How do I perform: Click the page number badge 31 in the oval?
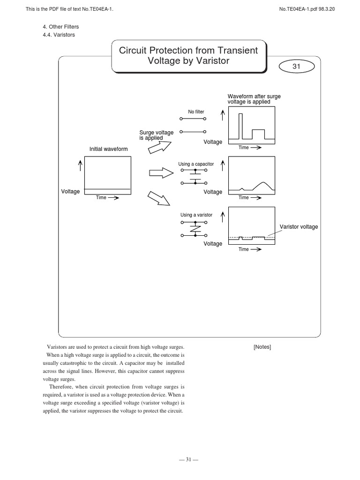[x=296, y=67]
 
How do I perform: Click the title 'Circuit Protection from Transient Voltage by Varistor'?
[x=188, y=56]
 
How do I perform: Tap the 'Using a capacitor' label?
[x=196, y=164]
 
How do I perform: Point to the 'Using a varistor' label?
[x=196, y=215]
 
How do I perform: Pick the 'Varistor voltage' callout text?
[x=299, y=227]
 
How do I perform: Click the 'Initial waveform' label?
[x=108, y=149]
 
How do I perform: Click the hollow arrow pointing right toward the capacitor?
[x=161, y=173]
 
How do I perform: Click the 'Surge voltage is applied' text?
[x=156, y=135]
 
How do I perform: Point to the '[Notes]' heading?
[x=262, y=347]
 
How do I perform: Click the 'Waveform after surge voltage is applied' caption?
[x=254, y=99]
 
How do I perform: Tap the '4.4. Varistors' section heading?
[x=59, y=35]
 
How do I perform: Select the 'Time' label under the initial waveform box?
[x=102, y=198]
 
